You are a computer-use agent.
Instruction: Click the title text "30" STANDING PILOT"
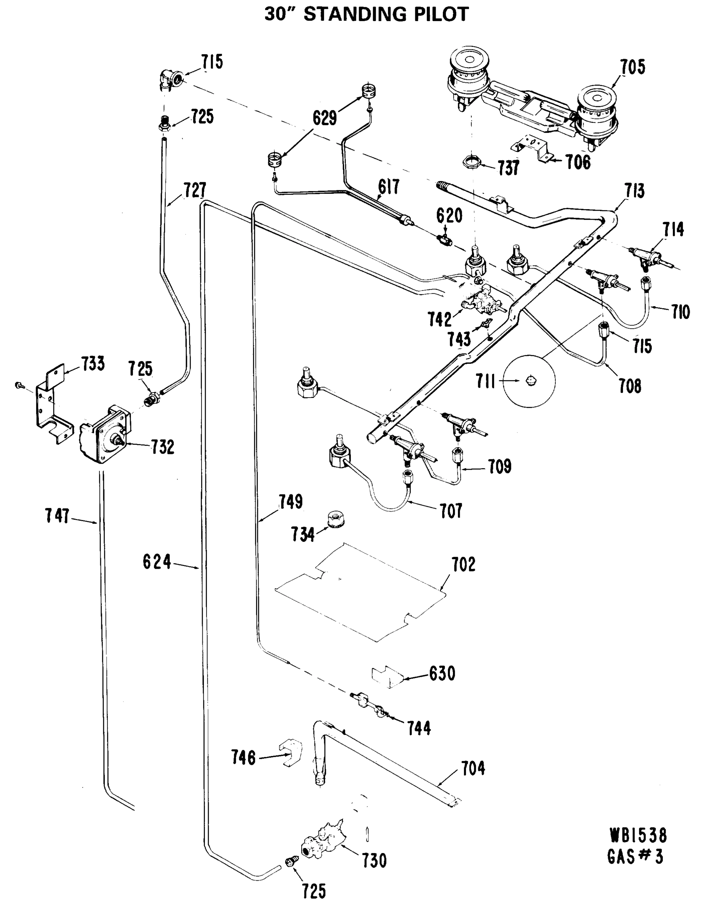click(x=366, y=14)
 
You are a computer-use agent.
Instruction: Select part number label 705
click(x=633, y=67)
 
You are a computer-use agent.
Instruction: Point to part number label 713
click(x=634, y=191)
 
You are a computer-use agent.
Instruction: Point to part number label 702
click(x=463, y=564)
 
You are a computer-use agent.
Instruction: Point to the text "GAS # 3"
click(x=636, y=857)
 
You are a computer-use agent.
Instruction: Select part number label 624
click(x=157, y=562)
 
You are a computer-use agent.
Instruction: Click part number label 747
click(x=58, y=516)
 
